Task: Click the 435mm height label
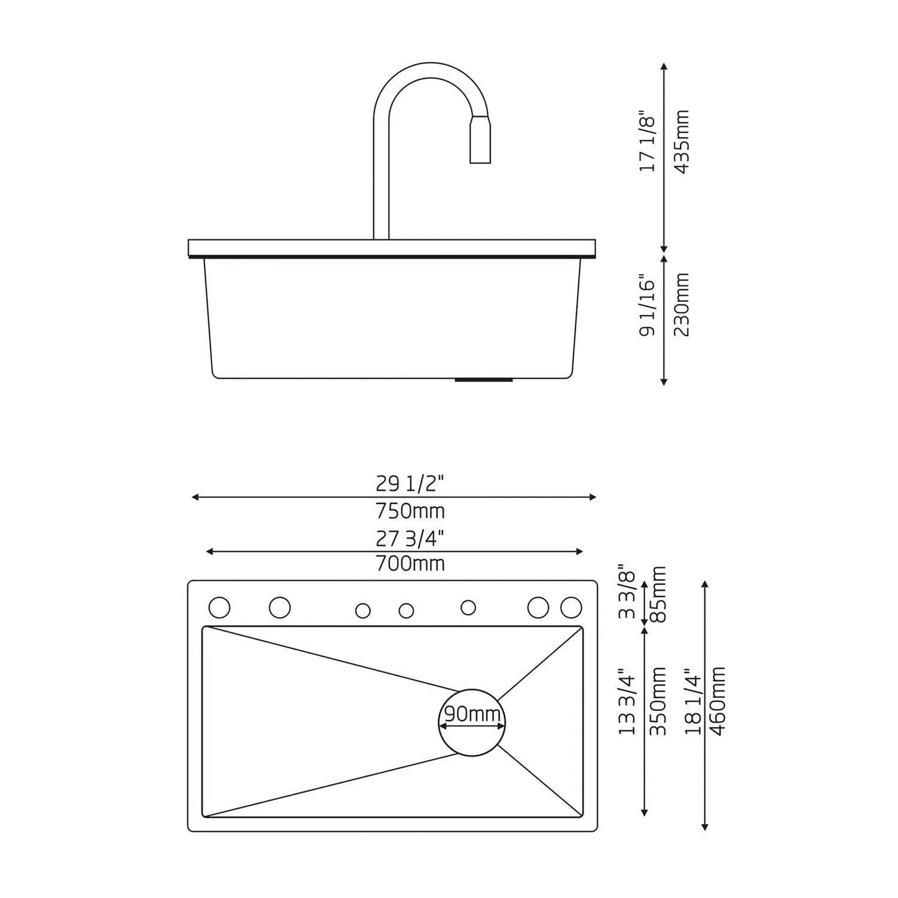point(682,142)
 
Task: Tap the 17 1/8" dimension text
point(648,142)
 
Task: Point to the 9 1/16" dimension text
point(648,307)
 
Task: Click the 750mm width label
point(410,511)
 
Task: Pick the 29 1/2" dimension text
point(410,483)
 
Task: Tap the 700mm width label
point(410,564)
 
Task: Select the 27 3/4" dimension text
point(410,538)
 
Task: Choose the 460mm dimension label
point(718,701)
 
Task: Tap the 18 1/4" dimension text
point(693,701)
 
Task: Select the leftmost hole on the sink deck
point(219,607)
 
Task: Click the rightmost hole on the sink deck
point(571,607)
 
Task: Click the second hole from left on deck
point(280,607)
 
